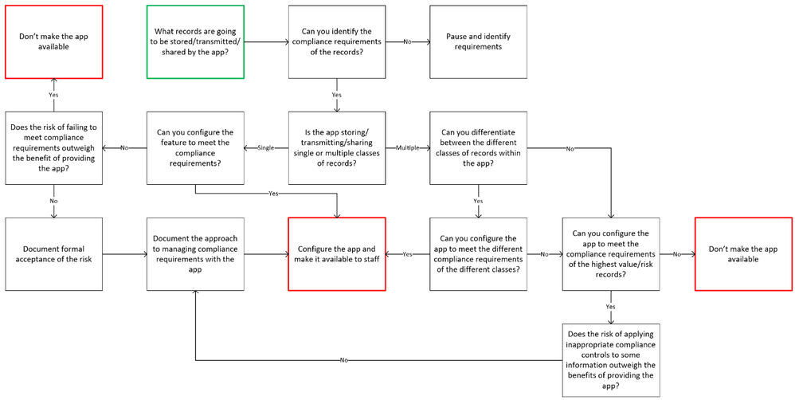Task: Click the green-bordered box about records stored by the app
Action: tap(195, 42)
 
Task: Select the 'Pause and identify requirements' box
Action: tap(478, 42)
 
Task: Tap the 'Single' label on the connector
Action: tap(265, 148)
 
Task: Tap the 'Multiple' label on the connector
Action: tap(407, 148)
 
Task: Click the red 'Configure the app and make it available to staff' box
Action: tap(336, 254)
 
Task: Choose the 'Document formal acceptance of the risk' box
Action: tap(53, 254)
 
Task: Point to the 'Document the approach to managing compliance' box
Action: tap(195, 254)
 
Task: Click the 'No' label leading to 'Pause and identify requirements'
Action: tap(407, 41)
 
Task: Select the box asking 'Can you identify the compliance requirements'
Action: tap(336, 42)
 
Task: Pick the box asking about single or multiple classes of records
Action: tap(336, 148)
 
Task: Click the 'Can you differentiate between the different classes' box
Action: tap(478, 148)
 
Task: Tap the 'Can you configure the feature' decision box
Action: tap(195, 148)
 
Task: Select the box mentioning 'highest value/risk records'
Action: tap(611, 254)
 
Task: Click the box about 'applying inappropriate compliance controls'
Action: tap(611, 360)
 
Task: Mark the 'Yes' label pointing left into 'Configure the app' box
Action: tap(407, 254)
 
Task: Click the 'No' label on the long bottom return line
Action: tap(343, 360)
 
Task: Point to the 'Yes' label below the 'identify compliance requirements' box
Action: tap(336, 95)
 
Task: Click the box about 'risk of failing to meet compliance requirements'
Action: tap(53, 148)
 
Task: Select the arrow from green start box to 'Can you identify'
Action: tap(266, 42)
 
